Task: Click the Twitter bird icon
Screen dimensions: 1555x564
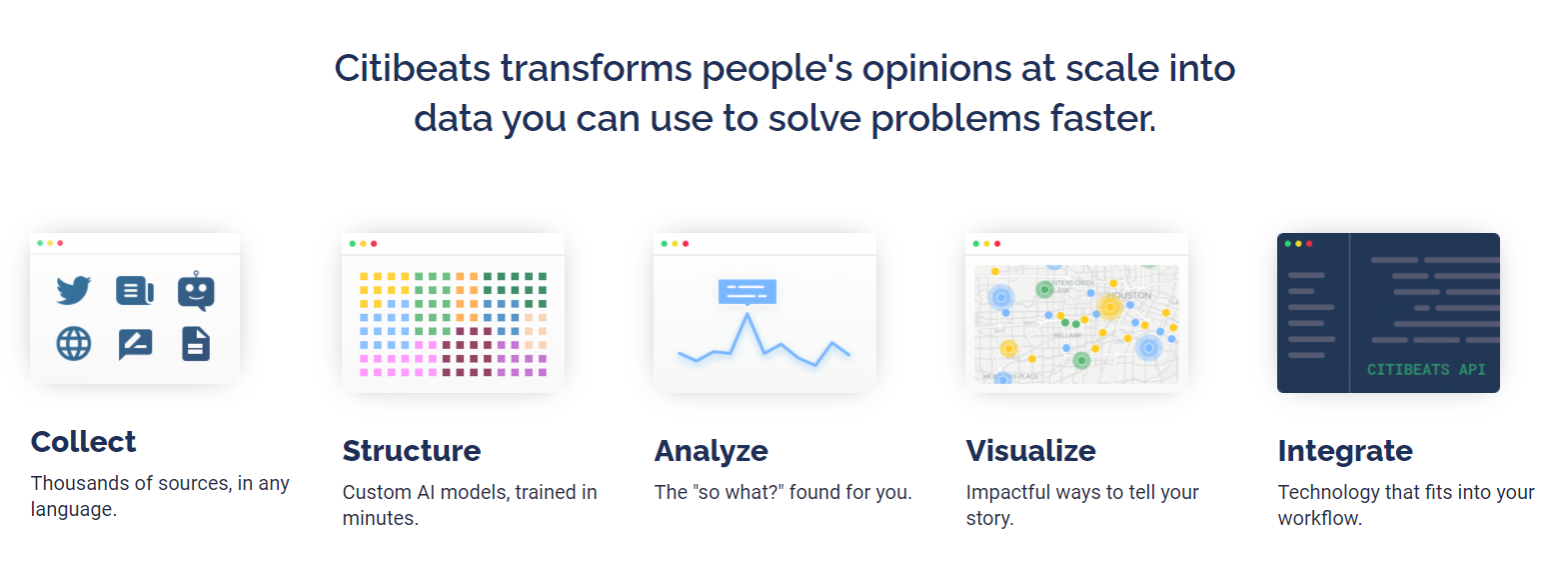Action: [x=74, y=290]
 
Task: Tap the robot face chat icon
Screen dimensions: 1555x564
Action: [x=197, y=290]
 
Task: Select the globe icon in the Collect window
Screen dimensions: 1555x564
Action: [x=74, y=343]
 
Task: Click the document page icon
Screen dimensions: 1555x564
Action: [x=196, y=343]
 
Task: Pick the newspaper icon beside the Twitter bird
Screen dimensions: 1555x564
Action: [x=135, y=290]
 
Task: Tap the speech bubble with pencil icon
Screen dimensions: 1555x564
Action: [x=135, y=344]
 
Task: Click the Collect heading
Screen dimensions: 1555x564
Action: [x=83, y=442]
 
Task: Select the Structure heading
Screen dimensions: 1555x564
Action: [x=412, y=451]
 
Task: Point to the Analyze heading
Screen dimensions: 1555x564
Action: [x=712, y=451]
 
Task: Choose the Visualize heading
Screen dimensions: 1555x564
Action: [x=1031, y=451]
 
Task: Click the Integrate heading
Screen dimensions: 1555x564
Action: [x=1345, y=451]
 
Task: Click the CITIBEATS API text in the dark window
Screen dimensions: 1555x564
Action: [x=1426, y=370]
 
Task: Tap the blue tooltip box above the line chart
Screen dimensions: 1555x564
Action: [x=747, y=292]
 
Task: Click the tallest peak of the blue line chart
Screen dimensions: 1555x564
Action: [x=747, y=314]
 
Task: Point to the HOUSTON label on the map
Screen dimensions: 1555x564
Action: [x=1128, y=295]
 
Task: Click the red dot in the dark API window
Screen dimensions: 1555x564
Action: [x=1309, y=244]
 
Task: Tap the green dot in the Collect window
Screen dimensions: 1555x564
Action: [x=40, y=243]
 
